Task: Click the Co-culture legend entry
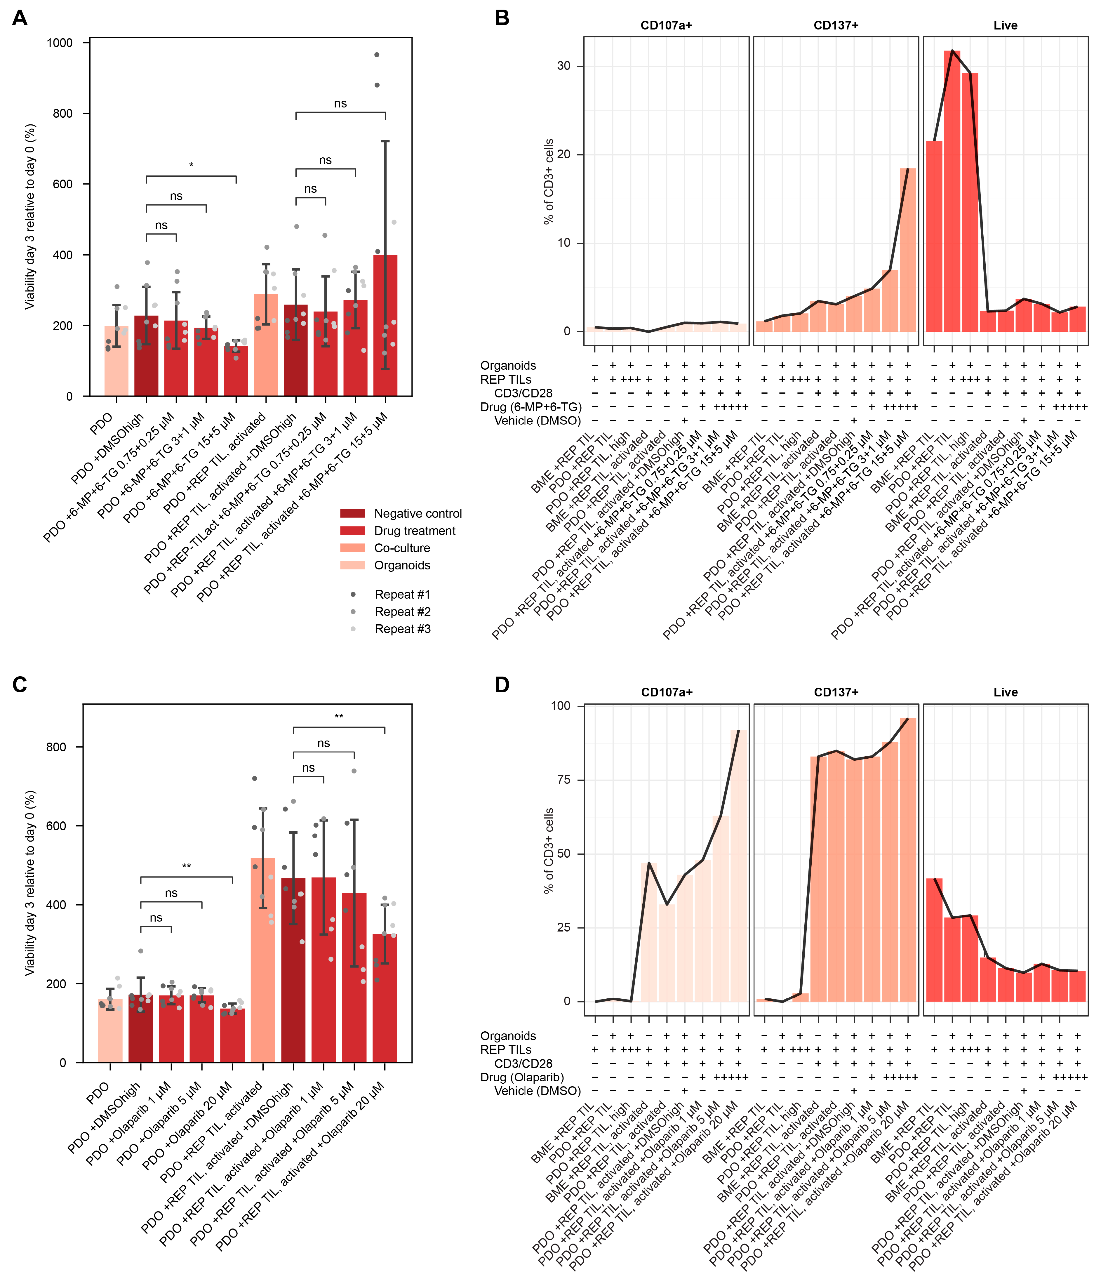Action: [402, 548]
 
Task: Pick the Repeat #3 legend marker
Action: [353, 629]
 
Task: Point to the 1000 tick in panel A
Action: [60, 43]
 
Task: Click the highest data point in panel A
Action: [376, 55]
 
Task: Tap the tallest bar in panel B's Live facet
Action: [952, 191]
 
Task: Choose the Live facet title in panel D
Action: [1005, 692]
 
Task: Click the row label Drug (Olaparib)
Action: [522, 1077]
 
